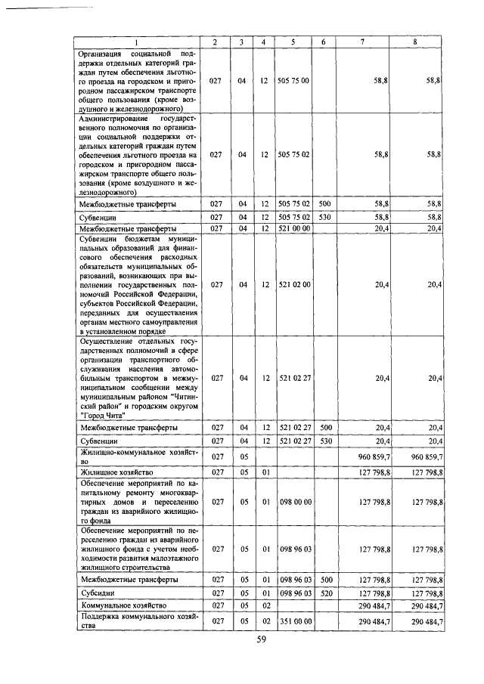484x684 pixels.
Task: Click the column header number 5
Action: pos(292,42)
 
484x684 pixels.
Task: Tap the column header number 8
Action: pos(415,42)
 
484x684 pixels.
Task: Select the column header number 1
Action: pos(136,42)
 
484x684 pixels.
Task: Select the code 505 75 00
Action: pos(292,79)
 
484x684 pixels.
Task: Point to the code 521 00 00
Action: pos(292,227)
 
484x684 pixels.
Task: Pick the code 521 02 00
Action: pos(292,284)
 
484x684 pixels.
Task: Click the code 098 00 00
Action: pos(292,501)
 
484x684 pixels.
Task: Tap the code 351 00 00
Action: pos(292,621)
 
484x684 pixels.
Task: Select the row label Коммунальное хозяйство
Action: pos(119,605)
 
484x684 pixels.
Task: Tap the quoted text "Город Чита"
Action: pos(104,415)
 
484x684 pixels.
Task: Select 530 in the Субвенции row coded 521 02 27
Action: pos(323,440)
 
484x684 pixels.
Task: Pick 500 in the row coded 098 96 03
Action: pos(323,580)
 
